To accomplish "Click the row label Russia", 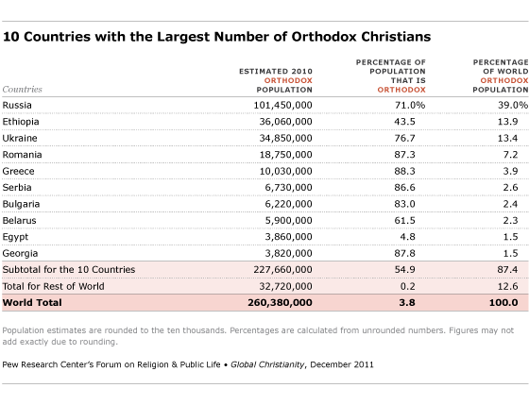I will [18, 105].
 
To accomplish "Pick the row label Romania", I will [23, 156].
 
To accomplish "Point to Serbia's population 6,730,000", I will [284, 190].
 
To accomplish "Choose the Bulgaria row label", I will [22, 207].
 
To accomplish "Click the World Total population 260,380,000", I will [276, 303].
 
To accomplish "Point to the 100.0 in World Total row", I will [502, 303].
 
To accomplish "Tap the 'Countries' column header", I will [23, 89].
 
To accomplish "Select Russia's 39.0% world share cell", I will [502, 105].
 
